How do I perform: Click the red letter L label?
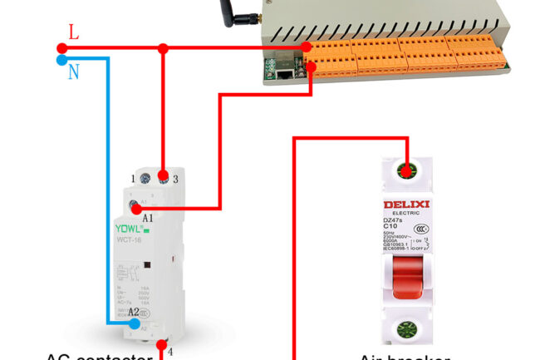[x=74, y=32]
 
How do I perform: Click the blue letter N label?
[x=74, y=72]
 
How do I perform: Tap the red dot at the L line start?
[x=62, y=48]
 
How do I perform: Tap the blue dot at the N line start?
[x=62, y=60]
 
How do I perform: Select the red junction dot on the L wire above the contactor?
[x=164, y=49]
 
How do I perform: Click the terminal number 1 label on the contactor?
[x=133, y=179]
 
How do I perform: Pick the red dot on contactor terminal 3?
[x=164, y=177]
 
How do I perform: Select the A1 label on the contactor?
[x=148, y=218]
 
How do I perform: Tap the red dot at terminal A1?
[x=136, y=210]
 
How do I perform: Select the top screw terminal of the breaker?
[x=406, y=172]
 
